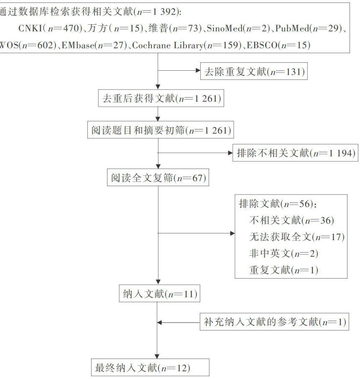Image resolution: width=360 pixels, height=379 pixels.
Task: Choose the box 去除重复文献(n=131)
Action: (254, 72)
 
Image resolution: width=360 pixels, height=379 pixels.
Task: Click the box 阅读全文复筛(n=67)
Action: (157, 178)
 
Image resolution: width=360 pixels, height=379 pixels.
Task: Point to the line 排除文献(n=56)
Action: (278, 204)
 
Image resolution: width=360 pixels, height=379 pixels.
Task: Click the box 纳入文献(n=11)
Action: (158, 294)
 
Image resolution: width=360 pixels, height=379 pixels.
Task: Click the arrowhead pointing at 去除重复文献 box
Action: (199, 71)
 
